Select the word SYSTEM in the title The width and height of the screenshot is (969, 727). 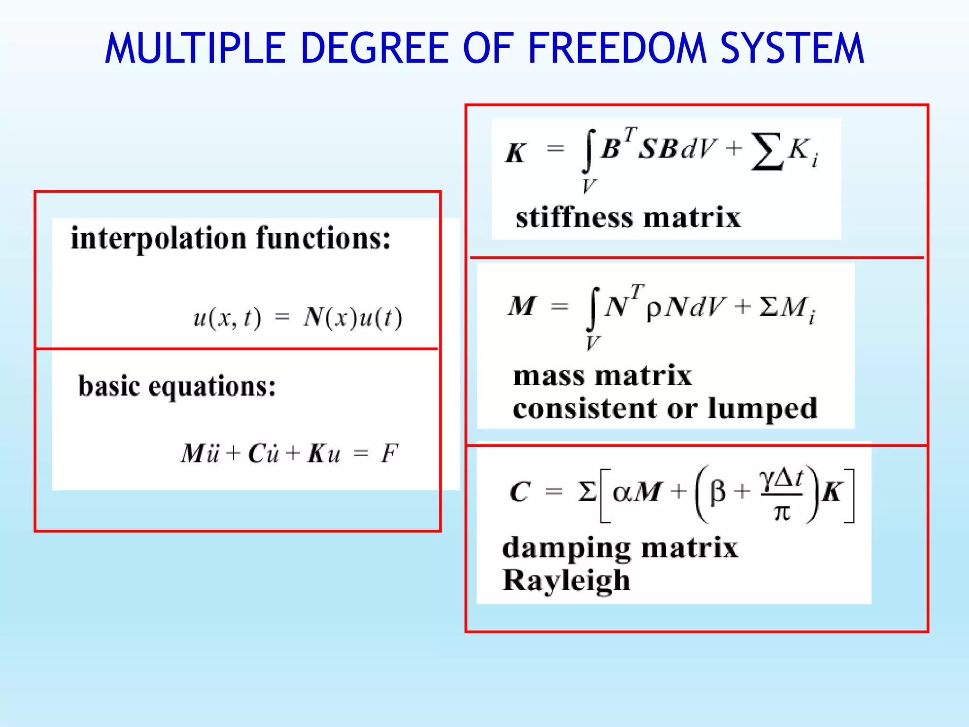click(793, 48)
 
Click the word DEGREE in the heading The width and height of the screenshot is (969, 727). click(374, 48)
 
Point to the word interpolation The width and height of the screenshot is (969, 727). click(159, 238)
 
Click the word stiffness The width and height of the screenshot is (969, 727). click(574, 218)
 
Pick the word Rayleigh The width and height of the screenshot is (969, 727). click(566, 581)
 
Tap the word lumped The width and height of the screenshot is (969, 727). click(762, 408)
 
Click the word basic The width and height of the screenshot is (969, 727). click(109, 386)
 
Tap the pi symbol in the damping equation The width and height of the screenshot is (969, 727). click(782, 513)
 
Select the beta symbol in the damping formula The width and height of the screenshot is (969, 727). click(718, 492)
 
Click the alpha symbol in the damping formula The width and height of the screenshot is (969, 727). click(622, 492)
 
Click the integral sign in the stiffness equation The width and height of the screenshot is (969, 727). click(588, 151)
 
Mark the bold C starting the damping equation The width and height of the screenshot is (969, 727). click(520, 492)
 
